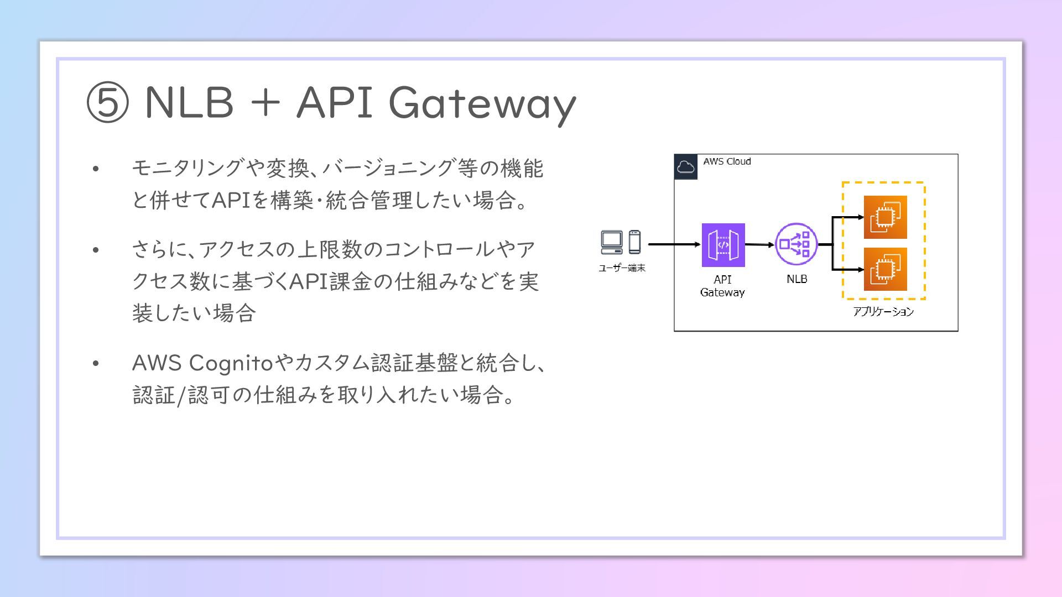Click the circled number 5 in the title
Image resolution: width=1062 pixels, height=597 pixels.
click(x=108, y=103)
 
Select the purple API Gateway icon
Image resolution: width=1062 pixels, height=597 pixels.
click(x=723, y=245)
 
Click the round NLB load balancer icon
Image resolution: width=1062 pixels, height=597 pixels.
click(x=796, y=244)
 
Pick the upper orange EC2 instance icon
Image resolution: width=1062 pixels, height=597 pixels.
click(x=885, y=217)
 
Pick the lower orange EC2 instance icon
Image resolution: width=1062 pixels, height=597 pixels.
click(x=885, y=269)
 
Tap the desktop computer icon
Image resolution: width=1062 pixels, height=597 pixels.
click(x=612, y=242)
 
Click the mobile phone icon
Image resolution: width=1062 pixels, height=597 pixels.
click(x=634, y=242)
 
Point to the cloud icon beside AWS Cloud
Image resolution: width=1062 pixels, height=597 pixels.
click(x=686, y=167)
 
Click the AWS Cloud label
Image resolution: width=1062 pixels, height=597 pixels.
click(x=727, y=161)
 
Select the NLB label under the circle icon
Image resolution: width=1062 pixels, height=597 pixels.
click(x=796, y=279)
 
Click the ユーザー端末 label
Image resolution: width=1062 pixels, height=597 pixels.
click(x=622, y=268)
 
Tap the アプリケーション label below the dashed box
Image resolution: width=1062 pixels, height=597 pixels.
click(x=883, y=312)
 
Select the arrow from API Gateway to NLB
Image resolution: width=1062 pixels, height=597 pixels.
click(x=759, y=244)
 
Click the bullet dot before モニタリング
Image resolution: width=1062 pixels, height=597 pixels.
click(x=96, y=169)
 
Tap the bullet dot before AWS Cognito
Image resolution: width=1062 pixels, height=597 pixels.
click(x=96, y=363)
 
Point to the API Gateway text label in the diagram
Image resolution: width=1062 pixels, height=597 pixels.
click(x=722, y=286)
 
